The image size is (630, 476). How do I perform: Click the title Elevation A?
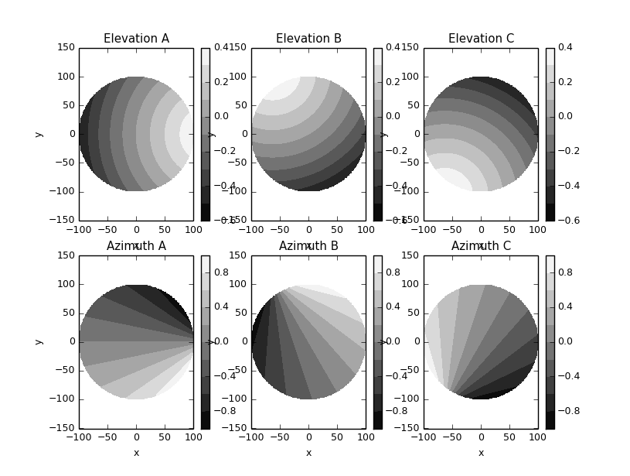pyautogui.click(x=136, y=39)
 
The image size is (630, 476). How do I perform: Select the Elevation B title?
pyautogui.click(x=308, y=39)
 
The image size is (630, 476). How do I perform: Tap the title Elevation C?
pyautogui.click(x=481, y=39)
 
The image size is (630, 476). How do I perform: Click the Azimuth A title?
pyautogui.click(x=136, y=246)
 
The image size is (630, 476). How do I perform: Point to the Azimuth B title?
pyautogui.click(x=308, y=246)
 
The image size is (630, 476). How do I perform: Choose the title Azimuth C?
pyautogui.click(x=481, y=246)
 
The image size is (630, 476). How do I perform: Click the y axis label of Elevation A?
pyautogui.click(x=38, y=134)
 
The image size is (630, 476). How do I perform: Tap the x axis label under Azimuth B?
pyautogui.click(x=308, y=453)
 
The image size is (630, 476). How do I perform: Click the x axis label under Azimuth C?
pyautogui.click(x=481, y=453)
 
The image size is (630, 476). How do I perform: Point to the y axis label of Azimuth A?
pyautogui.click(x=38, y=341)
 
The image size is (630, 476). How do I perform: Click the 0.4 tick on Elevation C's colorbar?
pyautogui.click(x=565, y=47)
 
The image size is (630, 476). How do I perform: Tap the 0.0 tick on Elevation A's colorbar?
pyautogui.click(x=220, y=116)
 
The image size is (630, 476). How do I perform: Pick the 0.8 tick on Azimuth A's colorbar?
pyautogui.click(x=220, y=272)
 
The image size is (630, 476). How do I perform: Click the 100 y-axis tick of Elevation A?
pyautogui.click(x=66, y=77)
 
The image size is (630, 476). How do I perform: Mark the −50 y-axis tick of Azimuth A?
pyautogui.click(x=64, y=370)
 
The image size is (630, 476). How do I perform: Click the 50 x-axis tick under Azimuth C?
pyautogui.click(x=509, y=437)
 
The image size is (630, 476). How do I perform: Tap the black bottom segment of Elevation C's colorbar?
pyautogui.click(x=550, y=212)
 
